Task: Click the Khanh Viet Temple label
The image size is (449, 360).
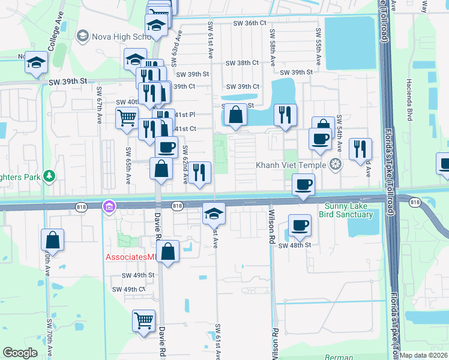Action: (x=290, y=164)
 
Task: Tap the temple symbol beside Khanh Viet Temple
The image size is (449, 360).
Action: (x=335, y=164)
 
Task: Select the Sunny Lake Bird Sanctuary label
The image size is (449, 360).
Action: (x=345, y=210)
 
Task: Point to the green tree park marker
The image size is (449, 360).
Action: (x=49, y=176)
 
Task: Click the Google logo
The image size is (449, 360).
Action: (x=20, y=353)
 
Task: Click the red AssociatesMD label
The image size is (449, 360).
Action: (x=131, y=257)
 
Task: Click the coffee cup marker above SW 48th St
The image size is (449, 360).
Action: (x=299, y=226)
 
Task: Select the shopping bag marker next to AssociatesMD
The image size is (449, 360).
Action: (x=169, y=251)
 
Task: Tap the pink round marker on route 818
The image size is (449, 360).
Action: (x=109, y=206)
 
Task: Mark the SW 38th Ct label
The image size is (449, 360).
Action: (x=242, y=62)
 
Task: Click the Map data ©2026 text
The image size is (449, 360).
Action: (x=423, y=355)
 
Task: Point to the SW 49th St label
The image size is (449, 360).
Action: (x=138, y=275)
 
